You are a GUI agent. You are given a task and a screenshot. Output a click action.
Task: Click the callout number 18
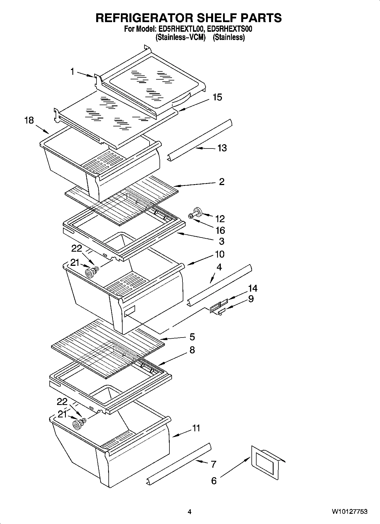click(29, 120)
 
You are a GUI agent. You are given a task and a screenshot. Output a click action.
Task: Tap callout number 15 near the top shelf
click(217, 97)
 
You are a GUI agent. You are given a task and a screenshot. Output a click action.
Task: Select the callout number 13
click(222, 148)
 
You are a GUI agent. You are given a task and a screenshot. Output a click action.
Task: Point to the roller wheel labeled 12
click(197, 212)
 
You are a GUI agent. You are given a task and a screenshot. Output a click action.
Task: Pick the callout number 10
click(219, 254)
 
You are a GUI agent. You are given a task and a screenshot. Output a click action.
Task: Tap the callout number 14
click(252, 288)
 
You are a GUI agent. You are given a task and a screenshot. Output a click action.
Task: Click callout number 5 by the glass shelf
click(192, 337)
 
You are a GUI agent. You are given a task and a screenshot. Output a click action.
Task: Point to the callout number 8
click(192, 350)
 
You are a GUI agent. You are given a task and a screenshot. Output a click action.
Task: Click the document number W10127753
click(350, 512)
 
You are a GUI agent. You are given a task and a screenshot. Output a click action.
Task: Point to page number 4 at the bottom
click(190, 512)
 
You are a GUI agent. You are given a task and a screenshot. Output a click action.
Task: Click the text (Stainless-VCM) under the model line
click(180, 37)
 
